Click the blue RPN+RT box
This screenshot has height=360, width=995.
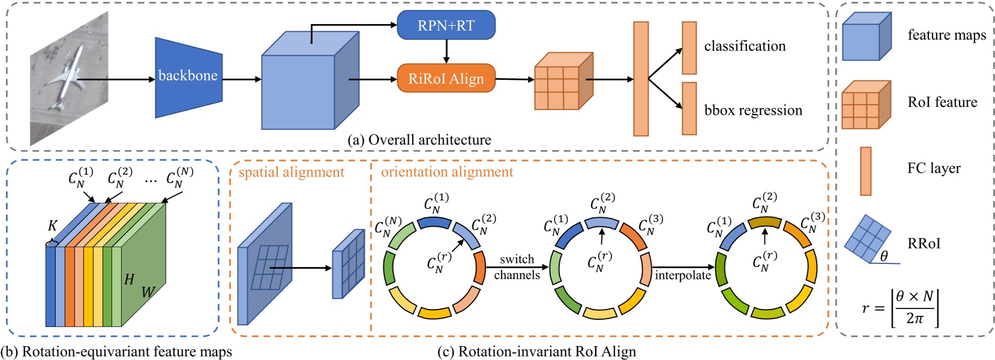[x=446, y=26]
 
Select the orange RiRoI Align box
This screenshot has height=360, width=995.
[x=446, y=79]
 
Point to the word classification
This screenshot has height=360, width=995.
[x=744, y=46]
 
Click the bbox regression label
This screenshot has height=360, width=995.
[x=753, y=110]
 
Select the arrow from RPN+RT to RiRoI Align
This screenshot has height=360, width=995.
[x=446, y=52]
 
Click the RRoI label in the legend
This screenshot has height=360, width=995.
[x=924, y=243]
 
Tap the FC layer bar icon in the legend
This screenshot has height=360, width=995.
[x=865, y=171]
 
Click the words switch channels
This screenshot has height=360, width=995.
[x=517, y=267]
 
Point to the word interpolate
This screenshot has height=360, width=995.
[x=682, y=275]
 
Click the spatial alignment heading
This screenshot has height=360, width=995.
[x=292, y=173]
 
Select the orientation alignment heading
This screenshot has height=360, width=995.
[x=447, y=172]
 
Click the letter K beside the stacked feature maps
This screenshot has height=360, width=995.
[x=53, y=226]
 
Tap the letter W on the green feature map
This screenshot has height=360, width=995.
[x=148, y=292]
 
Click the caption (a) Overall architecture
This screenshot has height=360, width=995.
[x=419, y=140]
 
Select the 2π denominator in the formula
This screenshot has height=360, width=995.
[x=915, y=318]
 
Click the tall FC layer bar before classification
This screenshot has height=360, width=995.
[x=641, y=79]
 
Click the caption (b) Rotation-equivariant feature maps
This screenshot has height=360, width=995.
[x=116, y=352]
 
